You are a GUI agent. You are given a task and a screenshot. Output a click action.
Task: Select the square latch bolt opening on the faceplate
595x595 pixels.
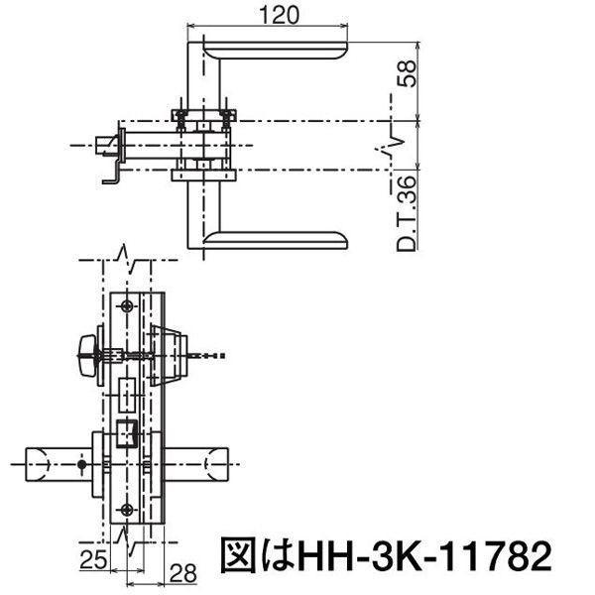click(126, 433)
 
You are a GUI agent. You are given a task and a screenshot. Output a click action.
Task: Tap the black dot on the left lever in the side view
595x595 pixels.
click(79, 464)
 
